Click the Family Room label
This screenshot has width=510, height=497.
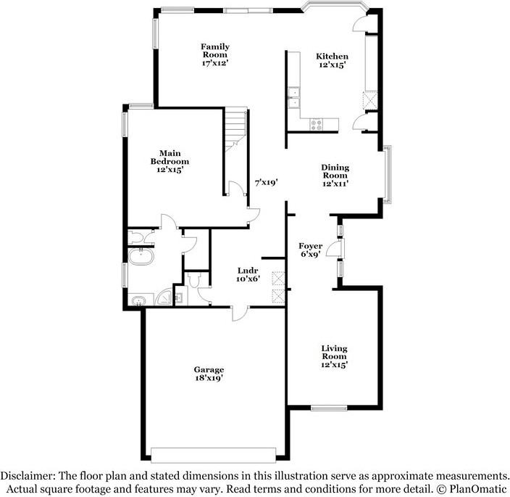pos(215,51)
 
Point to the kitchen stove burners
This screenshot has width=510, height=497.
pos(317,124)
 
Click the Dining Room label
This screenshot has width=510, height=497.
pos(335,171)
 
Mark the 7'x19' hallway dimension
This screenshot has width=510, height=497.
pos(266,184)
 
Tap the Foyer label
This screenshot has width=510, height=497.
pos(312,247)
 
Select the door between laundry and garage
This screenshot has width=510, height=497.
pos(238,311)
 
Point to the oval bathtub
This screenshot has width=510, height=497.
pos(137,255)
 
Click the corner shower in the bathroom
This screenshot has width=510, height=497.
pos(166,297)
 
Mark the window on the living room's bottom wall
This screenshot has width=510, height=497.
pos(328,408)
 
